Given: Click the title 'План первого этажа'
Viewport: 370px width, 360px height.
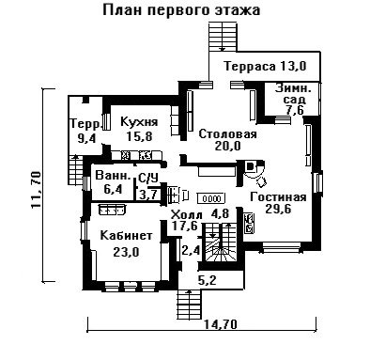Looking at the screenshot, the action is [x=181, y=9].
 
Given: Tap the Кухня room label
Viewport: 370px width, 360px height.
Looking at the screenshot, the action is [x=139, y=121].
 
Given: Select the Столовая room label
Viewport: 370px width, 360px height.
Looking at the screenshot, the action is [x=227, y=134].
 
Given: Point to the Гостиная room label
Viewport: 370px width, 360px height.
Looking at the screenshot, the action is [x=278, y=197].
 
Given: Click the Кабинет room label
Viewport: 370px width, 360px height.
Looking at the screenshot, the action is [x=126, y=235].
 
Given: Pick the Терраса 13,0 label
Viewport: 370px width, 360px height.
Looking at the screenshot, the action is [x=265, y=66].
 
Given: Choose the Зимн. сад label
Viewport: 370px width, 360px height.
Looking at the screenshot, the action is [x=294, y=94].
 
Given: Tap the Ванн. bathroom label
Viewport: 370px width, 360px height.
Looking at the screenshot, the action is [x=113, y=176].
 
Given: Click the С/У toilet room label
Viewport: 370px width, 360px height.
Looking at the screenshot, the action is [x=147, y=179].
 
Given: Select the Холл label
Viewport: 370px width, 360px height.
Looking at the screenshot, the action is [x=187, y=215].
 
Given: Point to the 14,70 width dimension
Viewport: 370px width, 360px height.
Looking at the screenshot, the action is [x=221, y=324].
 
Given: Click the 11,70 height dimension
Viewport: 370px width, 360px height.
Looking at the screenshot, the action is [x=36, y=190].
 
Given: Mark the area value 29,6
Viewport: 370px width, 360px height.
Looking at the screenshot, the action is [x=278, y=209].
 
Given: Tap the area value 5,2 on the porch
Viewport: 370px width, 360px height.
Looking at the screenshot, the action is [x=208, y=280].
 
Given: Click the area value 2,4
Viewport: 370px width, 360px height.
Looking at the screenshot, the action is [x=191, y=250].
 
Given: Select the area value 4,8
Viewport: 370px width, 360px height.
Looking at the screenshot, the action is [x=220, y=213].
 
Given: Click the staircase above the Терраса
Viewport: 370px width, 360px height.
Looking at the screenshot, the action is [x=223, y=37].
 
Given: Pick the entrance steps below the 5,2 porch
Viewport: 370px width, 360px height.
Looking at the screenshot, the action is [x=189, y=305].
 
